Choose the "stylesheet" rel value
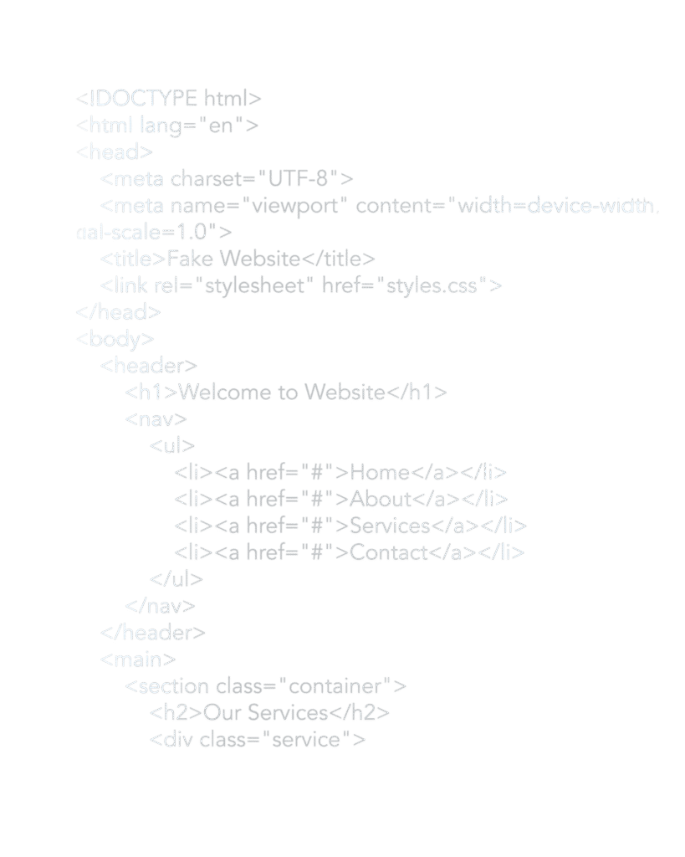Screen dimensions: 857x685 pos(254,285)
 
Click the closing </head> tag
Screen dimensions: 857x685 pos(118,312)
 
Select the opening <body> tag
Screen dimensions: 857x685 pos(115,339)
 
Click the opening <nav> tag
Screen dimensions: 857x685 pos(156,419)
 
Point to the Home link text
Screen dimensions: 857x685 pos(380,473)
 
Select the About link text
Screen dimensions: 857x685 pos(381,500)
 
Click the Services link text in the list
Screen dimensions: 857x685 pos(391,526)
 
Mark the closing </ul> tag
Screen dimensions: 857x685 pos(176,579)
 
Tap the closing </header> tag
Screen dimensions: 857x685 pos(153,633)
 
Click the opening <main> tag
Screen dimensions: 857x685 pos(138,659)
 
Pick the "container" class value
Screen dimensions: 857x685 pos(335,686)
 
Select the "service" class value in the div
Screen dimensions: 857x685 pos(306,740)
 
